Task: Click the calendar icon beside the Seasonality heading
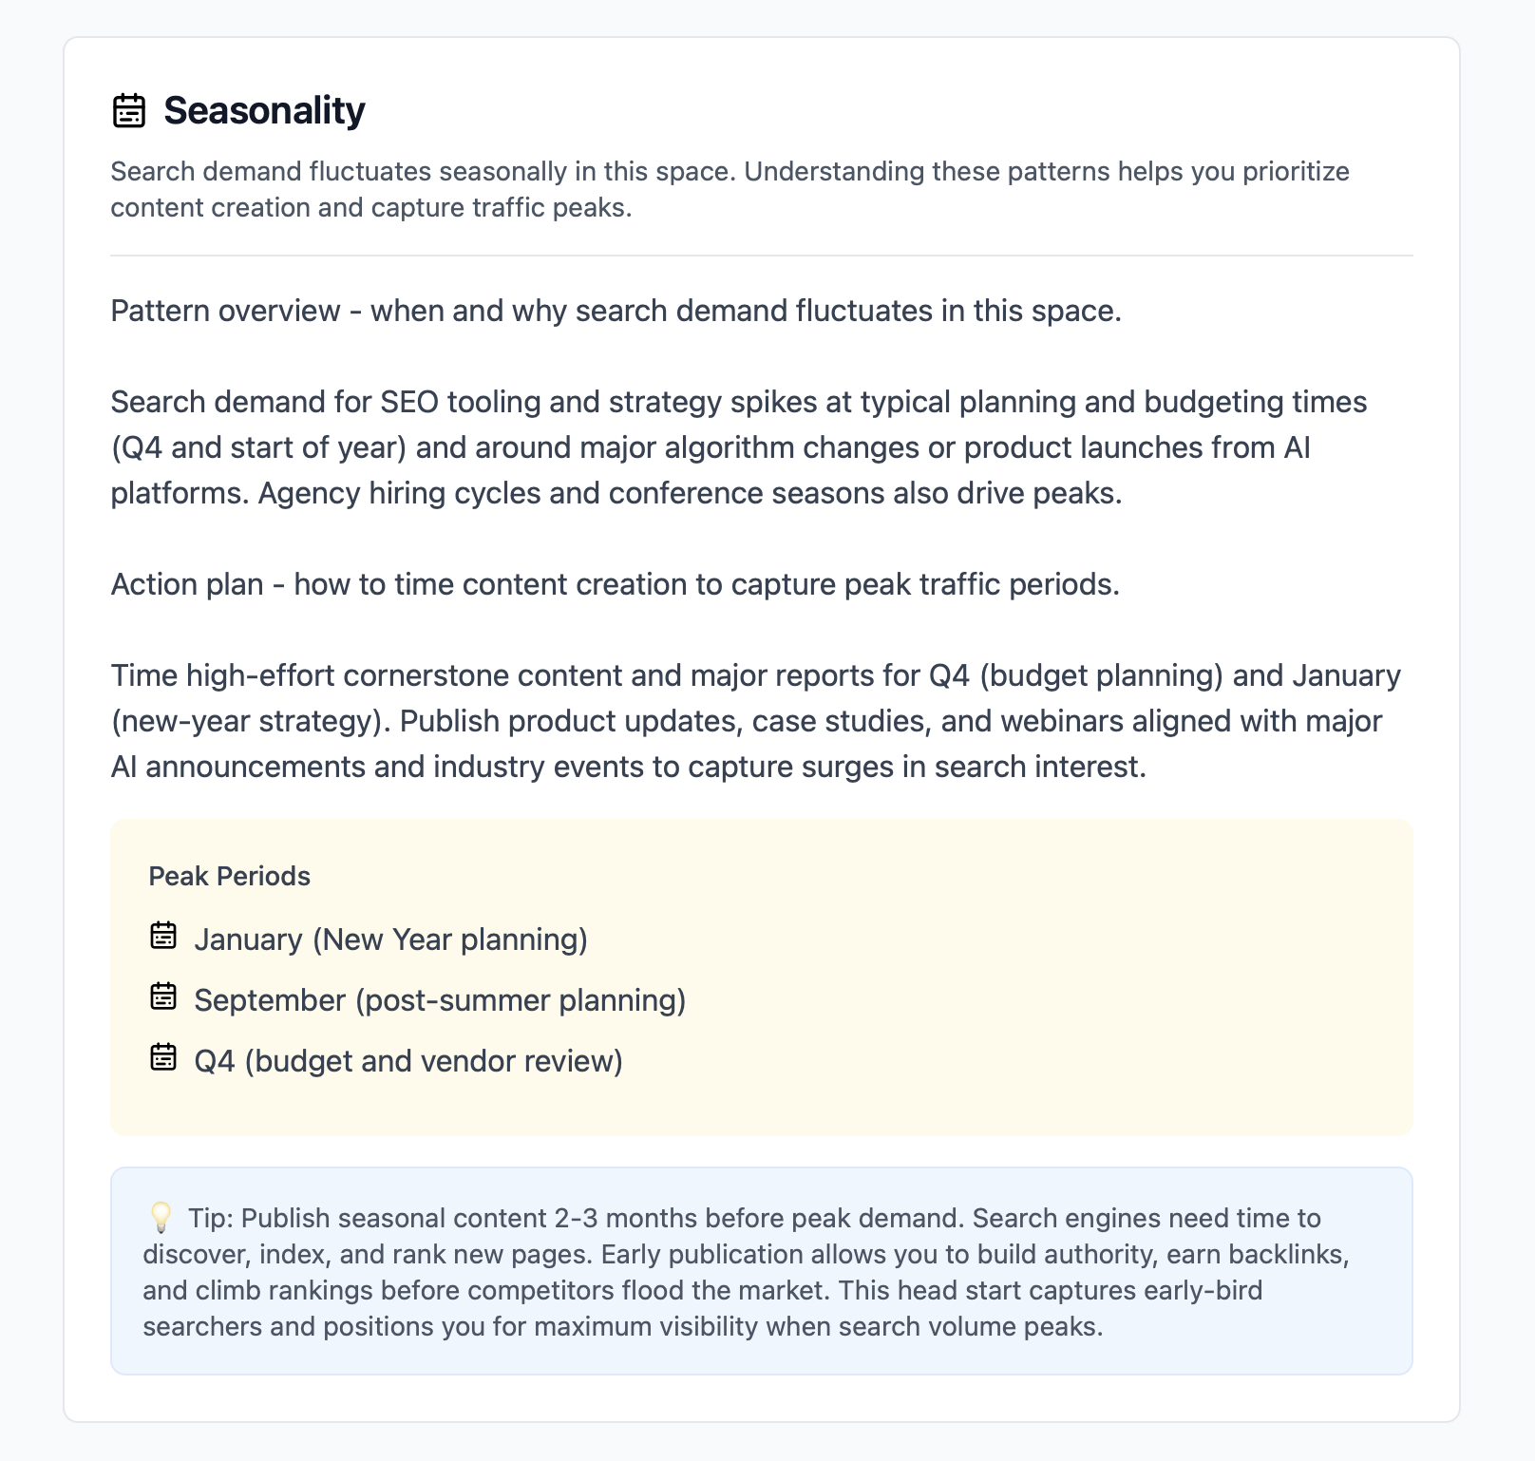tap(129, 110)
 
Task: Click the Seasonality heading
tap(264, 110)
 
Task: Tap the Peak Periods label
tap(229, 876)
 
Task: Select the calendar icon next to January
tap(163, 936)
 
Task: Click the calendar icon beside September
tap(163, 996)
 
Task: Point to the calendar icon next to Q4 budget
tap(163, 1057)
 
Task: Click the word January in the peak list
tap(248, 939)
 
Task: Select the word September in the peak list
tap(270, 1000)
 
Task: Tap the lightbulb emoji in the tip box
tap(161, 1217)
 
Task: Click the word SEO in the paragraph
tap(409, 402)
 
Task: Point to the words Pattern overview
tap(225, 311)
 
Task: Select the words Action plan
tap(187, 584)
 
